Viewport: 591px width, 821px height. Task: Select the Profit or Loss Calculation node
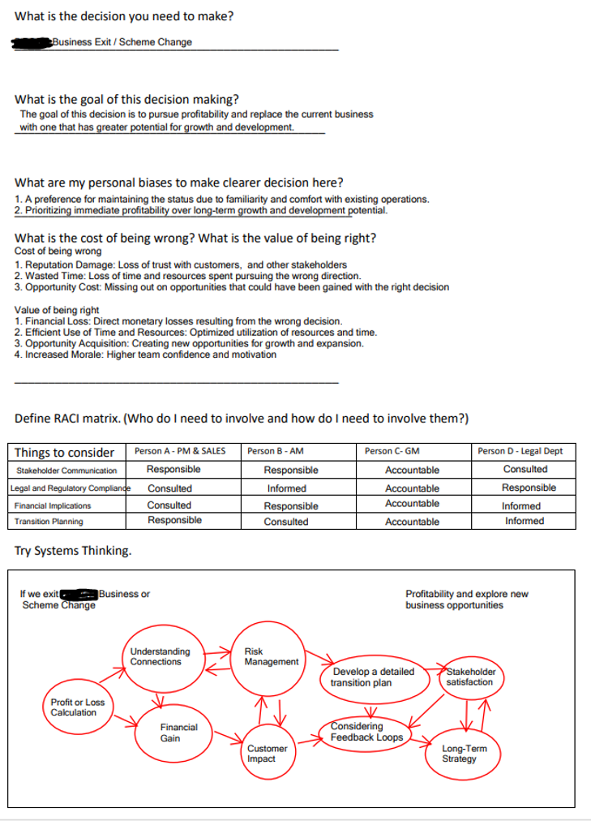tap(78, 707)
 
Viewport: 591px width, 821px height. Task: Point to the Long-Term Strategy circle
tap(464, 754)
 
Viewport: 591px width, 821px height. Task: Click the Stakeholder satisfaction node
tap(469, 677)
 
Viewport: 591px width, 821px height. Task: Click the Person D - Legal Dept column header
tap(528, 451)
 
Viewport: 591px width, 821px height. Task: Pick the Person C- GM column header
tap(392, 451)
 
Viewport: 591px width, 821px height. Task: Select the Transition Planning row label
tap(49, 522)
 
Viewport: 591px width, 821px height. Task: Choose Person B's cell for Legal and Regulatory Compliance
tap(287, 488)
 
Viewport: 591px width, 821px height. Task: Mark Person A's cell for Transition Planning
tap(174, 520)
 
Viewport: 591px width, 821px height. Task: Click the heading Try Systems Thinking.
tap(73, 551)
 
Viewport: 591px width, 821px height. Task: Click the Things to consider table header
tap(64, 452)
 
